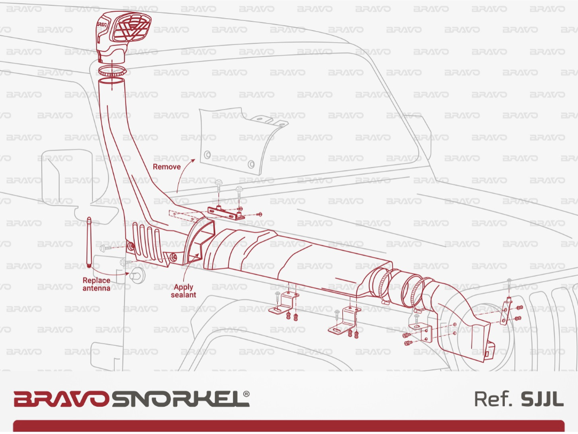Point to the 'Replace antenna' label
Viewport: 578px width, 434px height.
[96, 284]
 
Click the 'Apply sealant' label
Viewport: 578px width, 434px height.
[183, 291]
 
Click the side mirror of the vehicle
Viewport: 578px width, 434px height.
[54, 182]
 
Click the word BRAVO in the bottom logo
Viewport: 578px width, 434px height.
[61, 399]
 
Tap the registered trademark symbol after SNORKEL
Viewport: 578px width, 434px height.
[246, 393]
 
